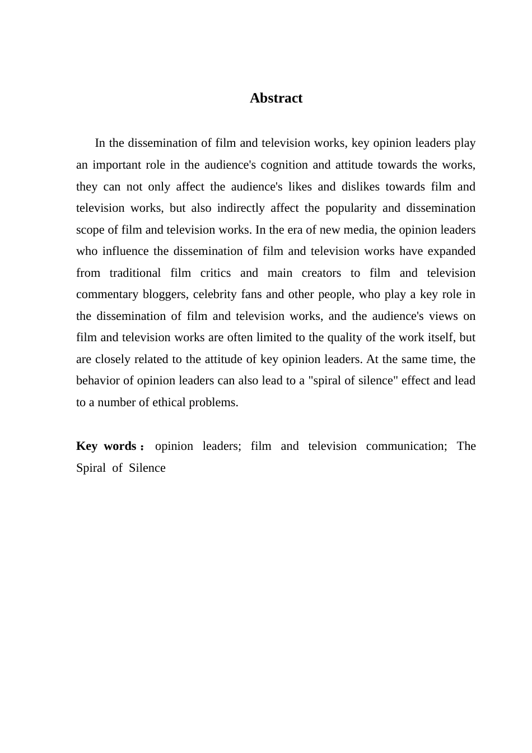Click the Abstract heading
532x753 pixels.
click(x=276, y=98)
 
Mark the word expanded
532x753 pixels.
click(x=451, y=251)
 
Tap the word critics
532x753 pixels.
click(x=216, y=273)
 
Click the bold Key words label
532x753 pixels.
click(x=106, y=446)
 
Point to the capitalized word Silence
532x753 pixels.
click(x=147, y=468)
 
